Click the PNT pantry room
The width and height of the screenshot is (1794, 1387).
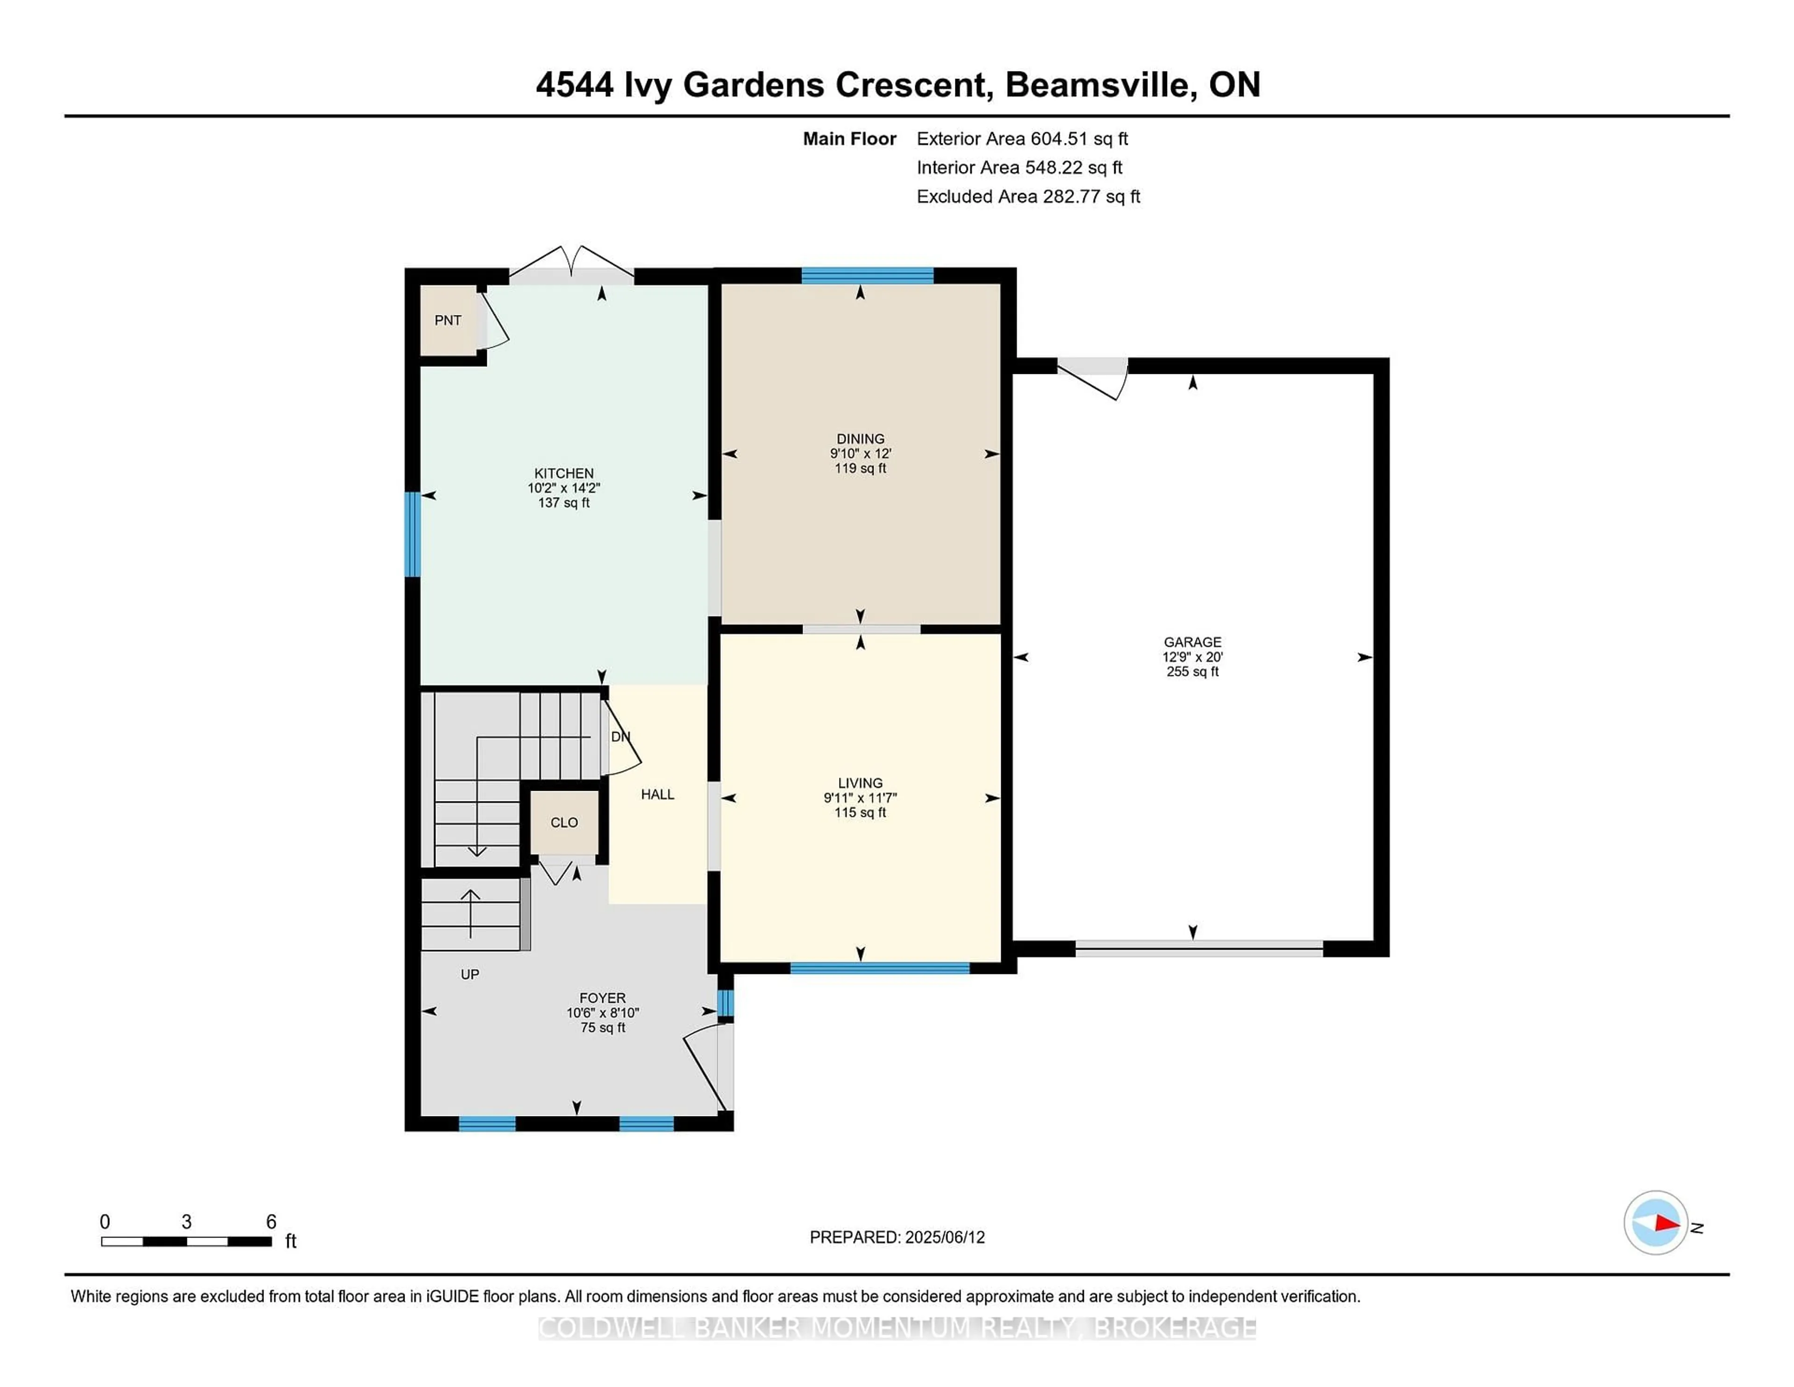pyautogui.click(x=448, y=321)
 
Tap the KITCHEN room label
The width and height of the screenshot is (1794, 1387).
pyautogui.click(x=563, y=473)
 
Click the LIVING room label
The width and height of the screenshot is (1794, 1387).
pyautogui.click(x=860, y=783)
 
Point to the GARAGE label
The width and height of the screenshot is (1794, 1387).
pyautogui.click(x=1192, y=642)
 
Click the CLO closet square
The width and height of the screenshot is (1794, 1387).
pyautogui.click(x=563, y=822)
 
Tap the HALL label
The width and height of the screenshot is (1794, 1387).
pyautogui.click(x=657, y=794)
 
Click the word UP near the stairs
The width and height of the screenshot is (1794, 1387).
pyautogui.click(x=469, y=974)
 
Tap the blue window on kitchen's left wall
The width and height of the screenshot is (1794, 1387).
pyautogui.click(x=413, y=534)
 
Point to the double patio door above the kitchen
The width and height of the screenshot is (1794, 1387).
pyautogui.click(x=572, y=267)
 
